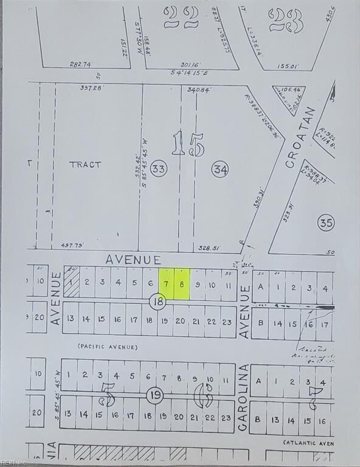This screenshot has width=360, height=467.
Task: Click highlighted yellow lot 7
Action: (x=166, y=284)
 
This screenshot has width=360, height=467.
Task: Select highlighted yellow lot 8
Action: (x=182, y=284)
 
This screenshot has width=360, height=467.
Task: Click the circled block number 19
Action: (x=154, y=396)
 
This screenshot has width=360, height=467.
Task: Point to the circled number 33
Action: (x=159, y=170)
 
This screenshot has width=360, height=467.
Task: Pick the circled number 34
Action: (x=220, y=170)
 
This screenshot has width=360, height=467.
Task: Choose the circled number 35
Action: (x=326, y=223)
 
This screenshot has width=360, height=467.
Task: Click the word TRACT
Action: (x=85, y=164)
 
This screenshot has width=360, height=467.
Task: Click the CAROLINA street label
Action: (x=243, y=398)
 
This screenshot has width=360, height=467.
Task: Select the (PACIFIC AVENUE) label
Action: (x=107, y=347)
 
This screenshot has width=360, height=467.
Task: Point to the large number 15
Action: (x=188, y=144)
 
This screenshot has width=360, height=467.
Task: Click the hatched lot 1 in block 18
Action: (x=71, y=283)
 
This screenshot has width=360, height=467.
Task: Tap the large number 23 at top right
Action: (x=286, y=19)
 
